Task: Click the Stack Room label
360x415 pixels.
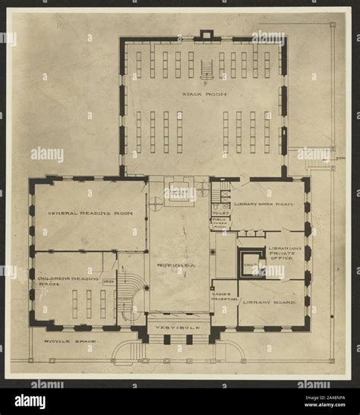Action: (x=204, y=94)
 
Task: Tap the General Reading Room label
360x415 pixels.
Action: (x=90, y=214)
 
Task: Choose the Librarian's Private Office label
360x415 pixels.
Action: (x=285, y=253)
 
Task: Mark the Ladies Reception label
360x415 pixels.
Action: (x=223, y=296)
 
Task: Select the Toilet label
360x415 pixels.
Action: (x=221, y=214)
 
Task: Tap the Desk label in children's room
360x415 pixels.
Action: (x=108, y=281)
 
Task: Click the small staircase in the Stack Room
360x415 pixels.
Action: (x=206, y=70)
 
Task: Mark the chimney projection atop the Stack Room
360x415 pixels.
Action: (x=206, y=34)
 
